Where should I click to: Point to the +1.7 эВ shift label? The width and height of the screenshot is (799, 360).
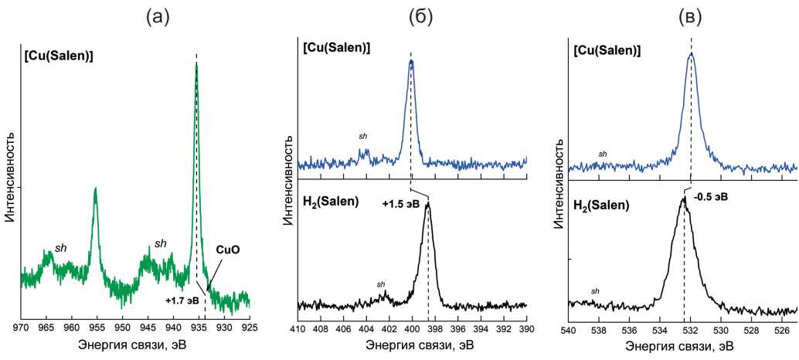point(182,301)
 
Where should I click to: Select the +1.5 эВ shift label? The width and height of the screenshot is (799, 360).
point(400,204)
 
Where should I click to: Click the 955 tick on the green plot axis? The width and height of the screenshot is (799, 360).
point(97,327)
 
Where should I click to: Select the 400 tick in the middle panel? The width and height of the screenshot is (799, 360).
point(412,327)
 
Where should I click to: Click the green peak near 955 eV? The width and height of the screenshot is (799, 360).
point(95,188)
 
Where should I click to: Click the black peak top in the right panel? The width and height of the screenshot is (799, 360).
point(684,199)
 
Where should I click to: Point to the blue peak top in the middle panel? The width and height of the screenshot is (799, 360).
point(411,61)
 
